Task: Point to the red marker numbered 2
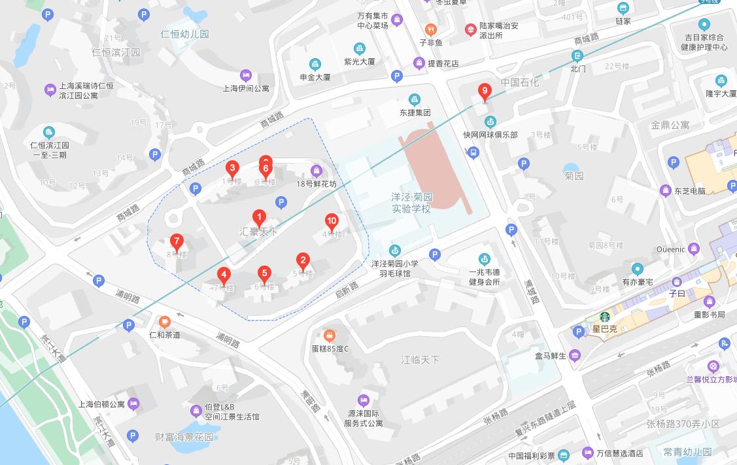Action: [x=302, y=260]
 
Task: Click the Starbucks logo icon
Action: [x=605, y=316]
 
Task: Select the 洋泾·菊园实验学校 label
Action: [x=412, y=203]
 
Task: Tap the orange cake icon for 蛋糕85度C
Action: [x=330, y=336]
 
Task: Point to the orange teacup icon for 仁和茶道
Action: [x=164, y=321]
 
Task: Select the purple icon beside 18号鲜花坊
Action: [x=317, y=171]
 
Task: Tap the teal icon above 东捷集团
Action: [x=414, y=99]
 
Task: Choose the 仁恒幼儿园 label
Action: [x=185, y=34]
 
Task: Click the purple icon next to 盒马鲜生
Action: [x=575, y=356]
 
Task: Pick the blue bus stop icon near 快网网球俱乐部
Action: [x=473, y=152]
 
